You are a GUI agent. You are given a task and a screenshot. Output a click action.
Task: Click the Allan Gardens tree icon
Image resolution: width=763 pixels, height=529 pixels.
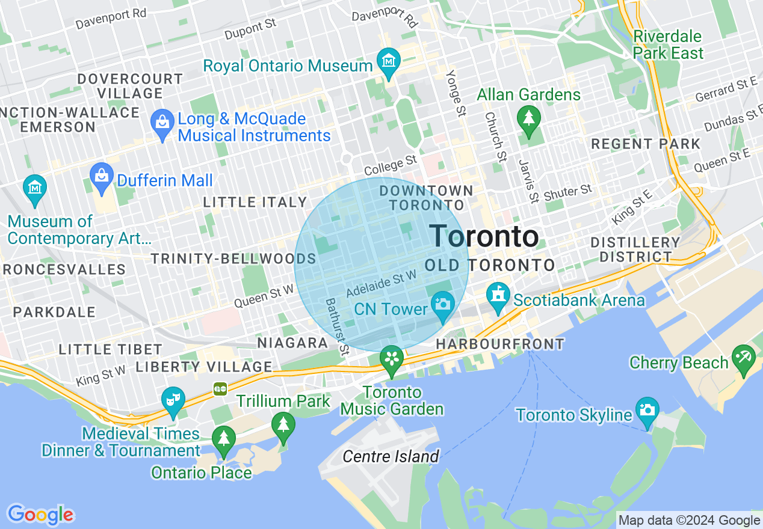point(528,117)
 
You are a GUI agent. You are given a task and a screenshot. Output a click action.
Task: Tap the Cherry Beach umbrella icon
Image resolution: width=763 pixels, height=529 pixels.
point(743,358)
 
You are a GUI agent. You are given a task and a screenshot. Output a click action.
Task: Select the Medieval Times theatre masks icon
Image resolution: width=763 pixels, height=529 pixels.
point(173,400)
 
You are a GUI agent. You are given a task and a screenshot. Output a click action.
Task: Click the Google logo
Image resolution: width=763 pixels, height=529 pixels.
point(40,515)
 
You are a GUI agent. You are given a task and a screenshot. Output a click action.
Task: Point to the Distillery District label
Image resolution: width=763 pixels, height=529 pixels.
point(635,249)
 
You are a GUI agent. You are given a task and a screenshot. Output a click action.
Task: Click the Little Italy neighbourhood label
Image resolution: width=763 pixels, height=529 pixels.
point(255,203)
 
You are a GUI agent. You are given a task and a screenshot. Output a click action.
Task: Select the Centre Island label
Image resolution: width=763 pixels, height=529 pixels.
point(391,457)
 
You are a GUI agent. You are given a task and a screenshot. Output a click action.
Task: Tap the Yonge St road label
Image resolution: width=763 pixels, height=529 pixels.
point(456,93)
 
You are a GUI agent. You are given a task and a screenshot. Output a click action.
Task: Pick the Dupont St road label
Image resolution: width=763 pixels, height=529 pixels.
point(250,29)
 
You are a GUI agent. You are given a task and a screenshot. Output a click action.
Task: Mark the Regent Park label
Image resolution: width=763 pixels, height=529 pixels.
point(646,144)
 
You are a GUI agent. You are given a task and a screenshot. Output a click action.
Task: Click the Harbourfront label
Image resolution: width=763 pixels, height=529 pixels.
point(500,344)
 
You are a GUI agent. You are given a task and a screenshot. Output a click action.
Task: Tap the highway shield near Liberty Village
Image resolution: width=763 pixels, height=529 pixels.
point(220,389)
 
